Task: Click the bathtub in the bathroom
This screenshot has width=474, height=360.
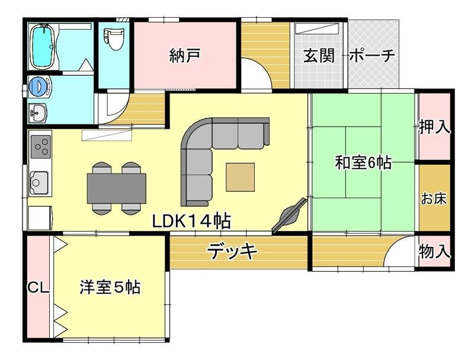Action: (x=43, y=47)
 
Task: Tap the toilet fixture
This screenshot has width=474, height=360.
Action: (x=114, y=38)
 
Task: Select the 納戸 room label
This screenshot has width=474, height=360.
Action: (x=185, y=55)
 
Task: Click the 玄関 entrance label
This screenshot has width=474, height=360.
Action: (x=319, y=55)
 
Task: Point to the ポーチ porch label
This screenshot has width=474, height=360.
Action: (x=373, y=56)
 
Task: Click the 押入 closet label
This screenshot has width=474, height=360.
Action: (x=434, y=127)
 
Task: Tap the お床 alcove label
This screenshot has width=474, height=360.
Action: (x=434, y=199)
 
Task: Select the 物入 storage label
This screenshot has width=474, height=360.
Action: (x=434, y=251)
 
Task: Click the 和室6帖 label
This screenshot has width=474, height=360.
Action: (x=363, y=162)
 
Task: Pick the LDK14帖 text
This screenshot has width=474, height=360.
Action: (x=191, y=221)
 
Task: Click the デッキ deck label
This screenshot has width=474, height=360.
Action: (x=232, y=252)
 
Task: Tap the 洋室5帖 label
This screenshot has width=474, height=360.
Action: (x=110, y=287)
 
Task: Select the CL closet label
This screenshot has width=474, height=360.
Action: (x=39, y=288)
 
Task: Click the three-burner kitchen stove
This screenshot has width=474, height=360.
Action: (x=40, y=146)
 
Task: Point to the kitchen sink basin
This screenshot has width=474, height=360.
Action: (x=39, y=182)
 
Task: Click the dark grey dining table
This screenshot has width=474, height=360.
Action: (x=117, y=188)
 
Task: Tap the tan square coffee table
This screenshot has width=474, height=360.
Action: (x=241, y=177)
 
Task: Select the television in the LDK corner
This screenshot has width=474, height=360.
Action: (x=289, y=216)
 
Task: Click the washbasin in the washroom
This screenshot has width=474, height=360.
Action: (x=37, y=112)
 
